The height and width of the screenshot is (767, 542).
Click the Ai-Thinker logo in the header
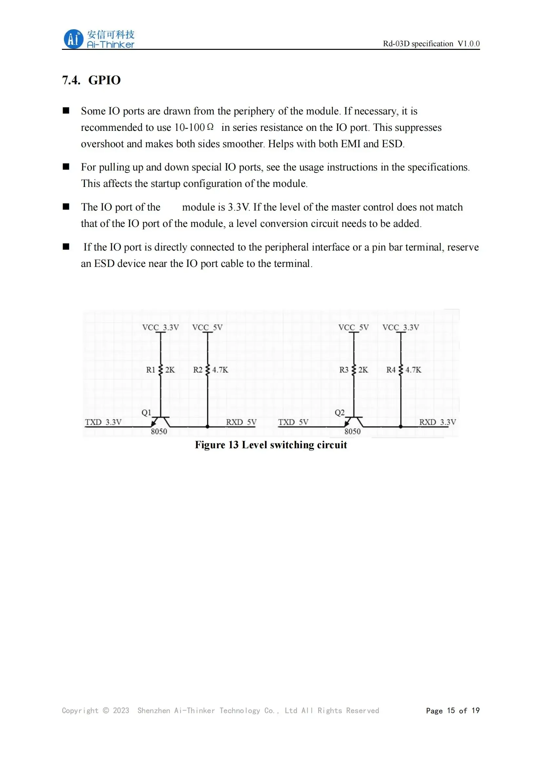pyautogui.click(x=99, y=39)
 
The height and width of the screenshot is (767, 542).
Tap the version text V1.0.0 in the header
pyautogui.click(x=468, y=44)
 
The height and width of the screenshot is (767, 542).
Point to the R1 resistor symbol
pyautogui.click(x=161, y=370)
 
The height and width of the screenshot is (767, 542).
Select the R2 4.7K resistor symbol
pyautogui.click(x=207, y=370)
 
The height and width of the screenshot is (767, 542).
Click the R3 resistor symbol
pyautogui.click(x=354, y=370)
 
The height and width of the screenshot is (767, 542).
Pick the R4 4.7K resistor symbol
pyautogui.click(x=401, y=370)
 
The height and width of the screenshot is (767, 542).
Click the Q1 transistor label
pyautogui.click(x=146, y=413)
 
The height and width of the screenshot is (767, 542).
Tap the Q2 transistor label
pyautogui.click(x=339, y=413)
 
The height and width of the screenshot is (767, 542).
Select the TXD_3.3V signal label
pyautogui.click(x=103, y=422)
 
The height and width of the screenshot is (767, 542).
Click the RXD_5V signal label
pyautogui.click(x=241, y=422)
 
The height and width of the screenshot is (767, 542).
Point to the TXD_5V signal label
pyautogui.click(x=293, y=422)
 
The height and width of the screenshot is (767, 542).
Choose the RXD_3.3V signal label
pyautogui.click(x=437, y=422)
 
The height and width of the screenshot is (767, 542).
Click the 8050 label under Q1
pyautogui.click(x=159, y=432)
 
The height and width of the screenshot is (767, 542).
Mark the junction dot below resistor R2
pyautogui.click(x=207, y=427)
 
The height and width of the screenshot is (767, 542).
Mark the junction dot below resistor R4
pyautogui.click(x=401, y=427)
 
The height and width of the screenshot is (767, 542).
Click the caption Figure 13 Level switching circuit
pyautogui.click(x=271, y=445)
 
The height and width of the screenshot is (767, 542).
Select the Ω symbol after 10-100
pyautogui.click(x=210, y=127)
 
